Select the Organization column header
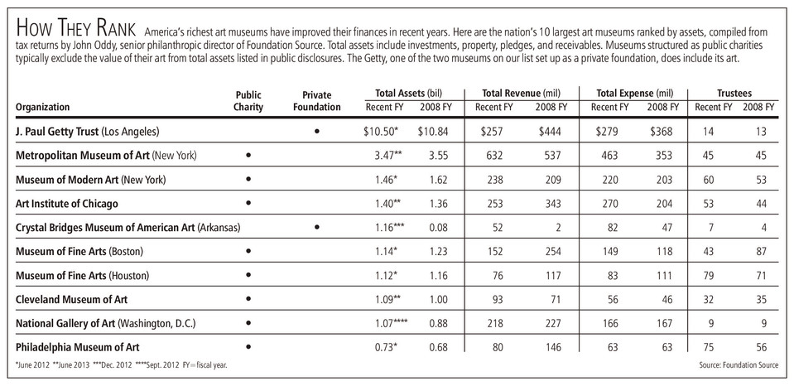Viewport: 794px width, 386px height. [42, 107]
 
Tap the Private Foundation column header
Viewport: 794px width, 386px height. [316, 101]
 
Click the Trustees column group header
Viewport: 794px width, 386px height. [734, 94]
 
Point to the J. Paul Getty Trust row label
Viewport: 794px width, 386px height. [88, 132]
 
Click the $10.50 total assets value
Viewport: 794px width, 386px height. [381, 132]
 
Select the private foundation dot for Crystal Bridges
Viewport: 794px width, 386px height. [317, 228]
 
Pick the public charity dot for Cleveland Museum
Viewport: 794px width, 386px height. [248, 299]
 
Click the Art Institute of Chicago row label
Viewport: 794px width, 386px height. [67, 204]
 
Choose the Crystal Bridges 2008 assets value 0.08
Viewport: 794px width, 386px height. [437, 228]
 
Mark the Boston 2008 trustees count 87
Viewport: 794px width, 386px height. [760, 251]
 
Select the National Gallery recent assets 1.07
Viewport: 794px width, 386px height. [390, 323]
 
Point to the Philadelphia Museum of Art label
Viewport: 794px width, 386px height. [78, 348]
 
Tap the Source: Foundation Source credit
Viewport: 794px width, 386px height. [739, 364]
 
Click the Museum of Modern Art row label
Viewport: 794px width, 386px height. [90, 180]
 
